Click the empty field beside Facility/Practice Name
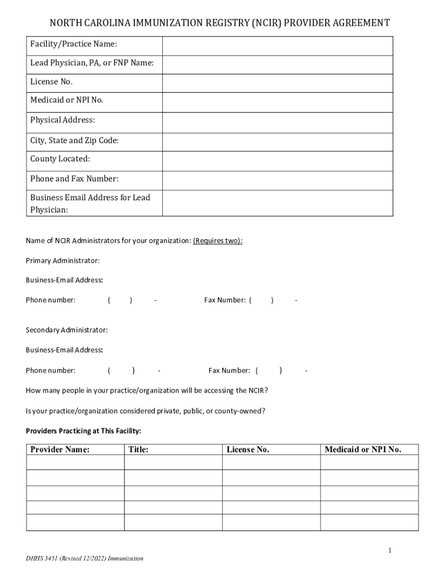coord(278,46)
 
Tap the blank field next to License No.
coord(278,83)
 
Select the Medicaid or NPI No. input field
coord(278,102)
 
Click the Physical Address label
coord(63,121)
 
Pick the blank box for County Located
coord(278,161)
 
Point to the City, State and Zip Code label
coord(74,141)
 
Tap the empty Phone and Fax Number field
coord(278,180)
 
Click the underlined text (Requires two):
coord(218,241)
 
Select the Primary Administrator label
coord(63,261)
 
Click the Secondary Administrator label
coord(67,330)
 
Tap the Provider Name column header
coord(60,450)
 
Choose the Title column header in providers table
coord(139,450)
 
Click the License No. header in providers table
coord(247,450)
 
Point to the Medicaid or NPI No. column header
coord(363,450)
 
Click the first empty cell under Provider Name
coord(75,462)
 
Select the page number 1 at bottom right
coord(390,551)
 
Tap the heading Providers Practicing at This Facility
coord(83,430)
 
